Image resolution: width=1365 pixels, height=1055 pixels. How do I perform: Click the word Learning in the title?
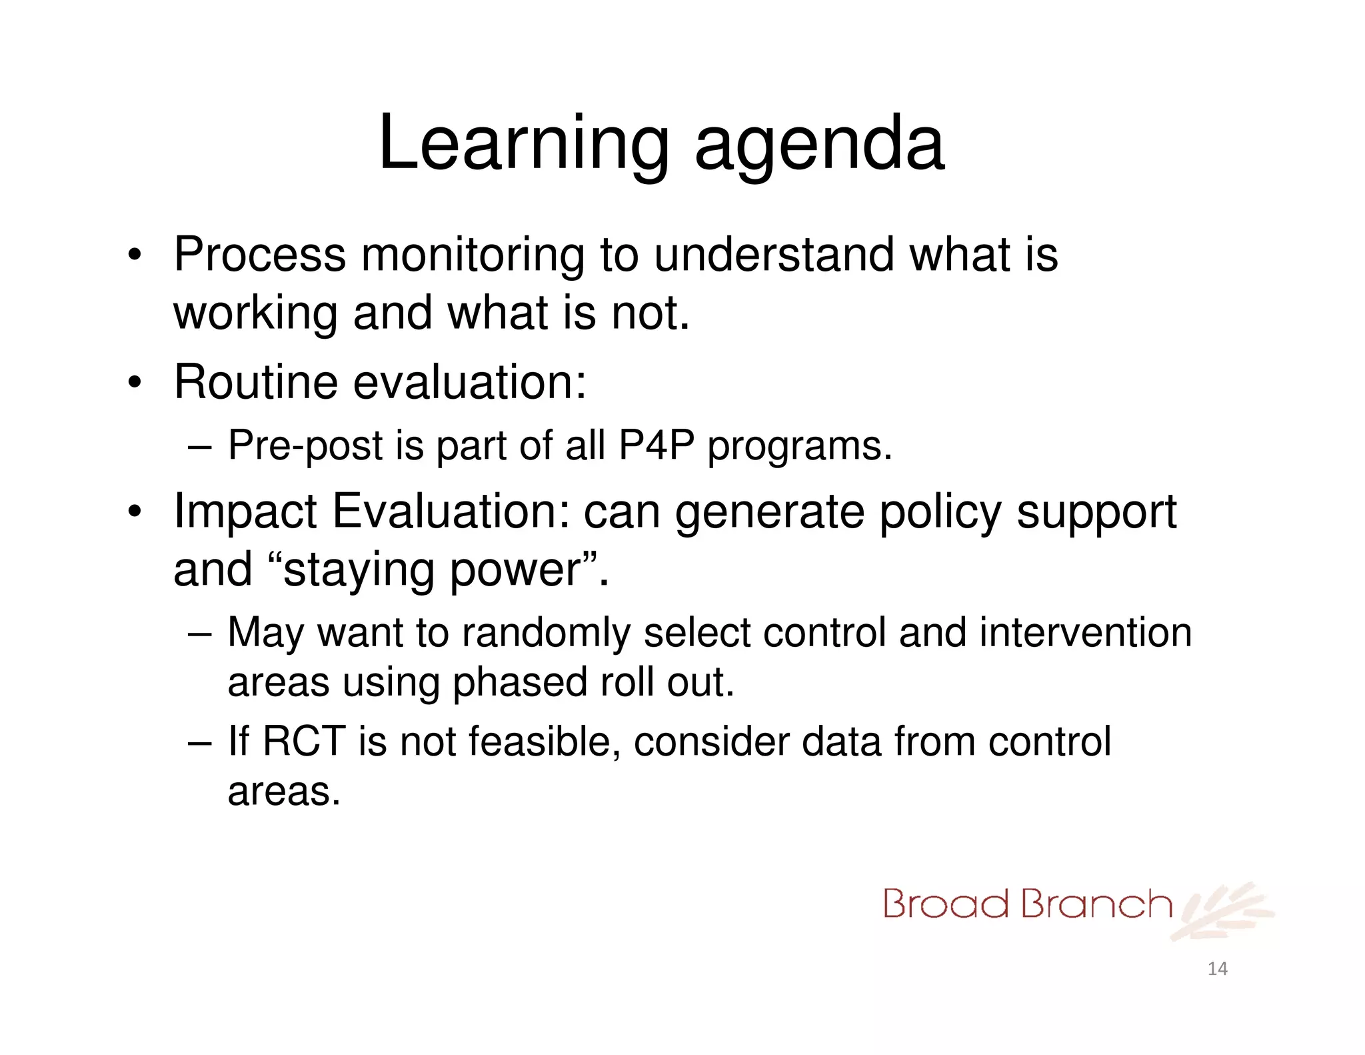[523, 143]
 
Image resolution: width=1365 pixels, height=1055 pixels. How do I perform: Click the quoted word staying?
[360, 571]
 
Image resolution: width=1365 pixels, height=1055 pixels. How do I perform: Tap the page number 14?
[1217, 968]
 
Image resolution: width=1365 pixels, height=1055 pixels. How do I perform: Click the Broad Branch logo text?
[1026, 905]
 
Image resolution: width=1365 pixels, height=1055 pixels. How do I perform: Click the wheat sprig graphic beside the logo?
[1223, 910]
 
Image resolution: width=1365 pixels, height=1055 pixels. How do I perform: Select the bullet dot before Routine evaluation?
[135, 383]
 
